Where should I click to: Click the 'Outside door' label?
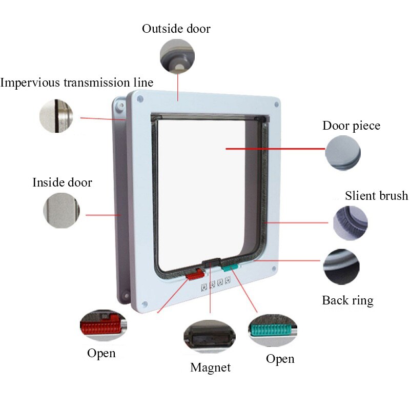coord(176,29)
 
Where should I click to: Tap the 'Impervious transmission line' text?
coord(76,83)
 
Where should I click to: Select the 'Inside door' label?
coord(62,182)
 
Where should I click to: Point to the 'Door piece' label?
coord(351,126)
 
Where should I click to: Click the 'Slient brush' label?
coord(376,196)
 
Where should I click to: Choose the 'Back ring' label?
coord(347,300)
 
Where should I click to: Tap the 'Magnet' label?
coord(210,367)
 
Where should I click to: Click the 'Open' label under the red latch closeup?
coord(101,353)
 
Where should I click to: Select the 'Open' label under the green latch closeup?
coord(280,359)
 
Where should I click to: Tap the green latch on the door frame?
coord(230,266)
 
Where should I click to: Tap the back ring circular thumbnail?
coord(341,267)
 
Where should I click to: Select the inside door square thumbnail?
coord(61,211)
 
